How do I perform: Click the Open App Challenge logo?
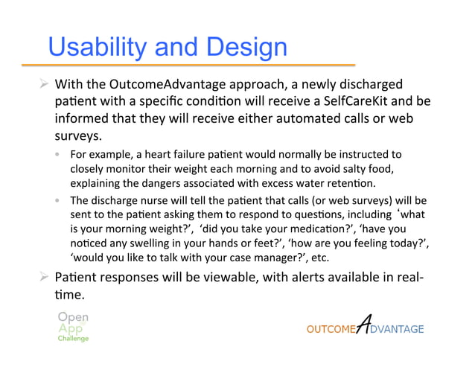(x=73, y=326)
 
